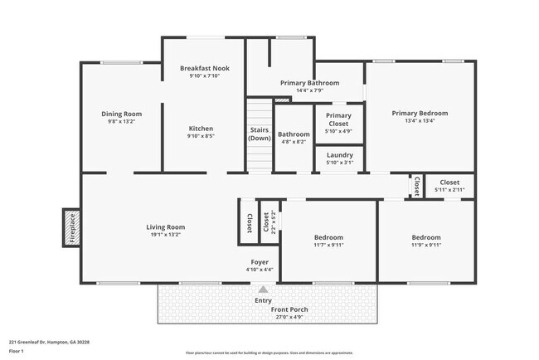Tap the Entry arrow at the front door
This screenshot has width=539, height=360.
[263, 289]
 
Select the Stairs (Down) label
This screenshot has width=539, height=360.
[259, 134]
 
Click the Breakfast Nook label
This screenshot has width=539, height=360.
[204, 68]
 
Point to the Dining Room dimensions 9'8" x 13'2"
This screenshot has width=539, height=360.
[122, 122]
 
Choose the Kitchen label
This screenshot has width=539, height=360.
[201, 129]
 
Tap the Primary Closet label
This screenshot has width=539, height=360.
[338, 119]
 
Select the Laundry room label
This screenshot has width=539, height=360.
[340, 155]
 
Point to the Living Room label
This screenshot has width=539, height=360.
[165, 226]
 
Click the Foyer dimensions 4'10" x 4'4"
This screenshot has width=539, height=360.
[260, 270]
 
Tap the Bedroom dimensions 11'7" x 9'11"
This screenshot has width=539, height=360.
[328, 246]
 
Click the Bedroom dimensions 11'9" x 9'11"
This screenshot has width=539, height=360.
[426, 246]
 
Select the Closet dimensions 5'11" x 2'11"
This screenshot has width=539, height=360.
[449, 191]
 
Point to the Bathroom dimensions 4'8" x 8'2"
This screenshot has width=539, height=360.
[294, 142]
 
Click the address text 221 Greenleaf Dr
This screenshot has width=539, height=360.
[49, 340]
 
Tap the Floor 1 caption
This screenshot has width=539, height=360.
[17, 351]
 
